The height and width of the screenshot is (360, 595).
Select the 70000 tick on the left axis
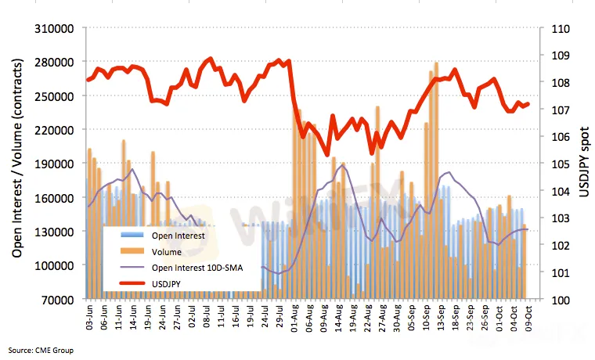coord(61,299)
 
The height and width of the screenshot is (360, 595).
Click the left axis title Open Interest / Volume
coord(17,164)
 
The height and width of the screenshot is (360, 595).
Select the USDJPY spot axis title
coord(582,164)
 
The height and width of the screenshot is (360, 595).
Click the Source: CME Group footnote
coord(41,350)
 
